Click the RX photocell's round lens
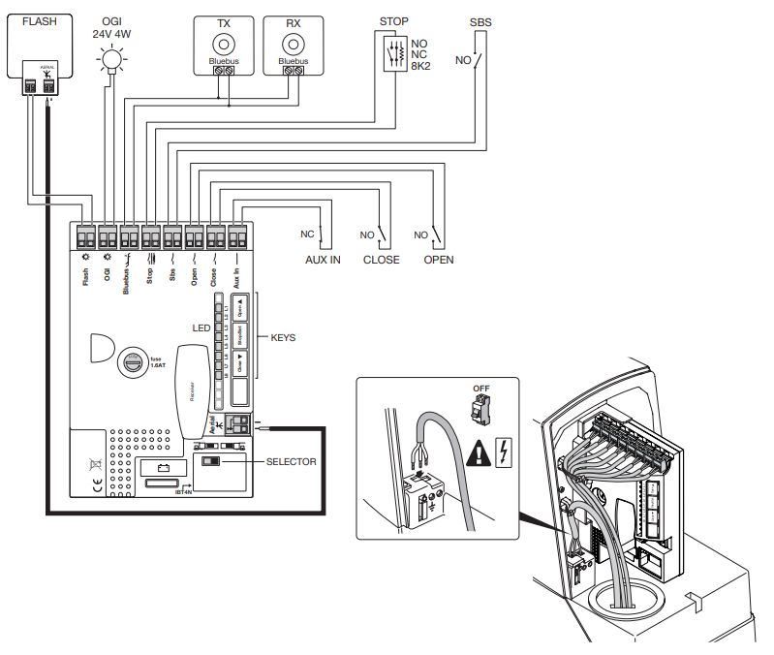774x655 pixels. pos(293,44)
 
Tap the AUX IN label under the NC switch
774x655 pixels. pos(323,260)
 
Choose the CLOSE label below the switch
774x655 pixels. pos(381,260)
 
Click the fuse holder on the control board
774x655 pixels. pos(130,364)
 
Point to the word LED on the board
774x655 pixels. pos(201,328)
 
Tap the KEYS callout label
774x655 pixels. pos(283,338)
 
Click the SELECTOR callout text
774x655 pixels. pos(291,462)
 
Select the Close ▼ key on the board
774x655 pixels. pos(239,367)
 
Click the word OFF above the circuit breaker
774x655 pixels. pos(481,389)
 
